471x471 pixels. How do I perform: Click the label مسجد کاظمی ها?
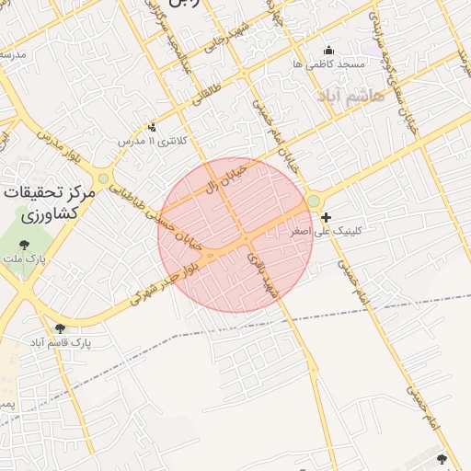coord(328,64)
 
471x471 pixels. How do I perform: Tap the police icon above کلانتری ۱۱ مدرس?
coord(152,127)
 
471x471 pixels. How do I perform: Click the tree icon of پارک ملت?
coord(23,245)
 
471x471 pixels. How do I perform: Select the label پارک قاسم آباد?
coord(60,341)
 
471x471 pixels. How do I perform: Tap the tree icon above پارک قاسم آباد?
coord(60,327)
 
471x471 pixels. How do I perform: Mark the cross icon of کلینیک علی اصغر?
coord(327,217)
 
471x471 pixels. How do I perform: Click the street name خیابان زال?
coord(225,178)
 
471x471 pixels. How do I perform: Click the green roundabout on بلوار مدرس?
coord(103,178)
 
